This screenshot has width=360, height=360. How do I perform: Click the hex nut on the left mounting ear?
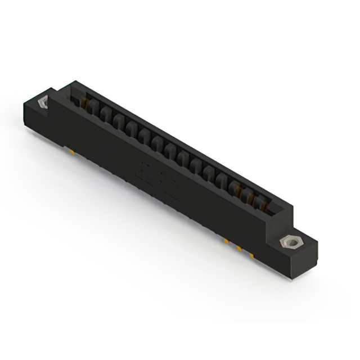coord(42,104)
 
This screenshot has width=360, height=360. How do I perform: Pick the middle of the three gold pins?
coord(238,248)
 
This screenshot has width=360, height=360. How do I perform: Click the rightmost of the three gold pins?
coord(251,255)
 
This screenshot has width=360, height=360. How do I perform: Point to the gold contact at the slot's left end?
coord(84,102)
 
